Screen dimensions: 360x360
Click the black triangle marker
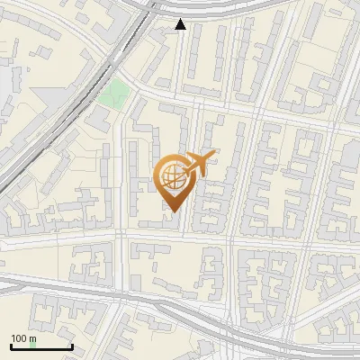(180, 24)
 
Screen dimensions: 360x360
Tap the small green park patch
(114, 92)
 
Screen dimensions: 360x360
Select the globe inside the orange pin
(171, 176)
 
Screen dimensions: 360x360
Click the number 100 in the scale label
(19, 337)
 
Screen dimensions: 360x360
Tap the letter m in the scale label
(32, 337)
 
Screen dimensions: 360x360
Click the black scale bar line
(40, 346)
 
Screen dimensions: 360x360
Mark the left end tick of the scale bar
(10, 345)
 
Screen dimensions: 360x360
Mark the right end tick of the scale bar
(71, 345)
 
